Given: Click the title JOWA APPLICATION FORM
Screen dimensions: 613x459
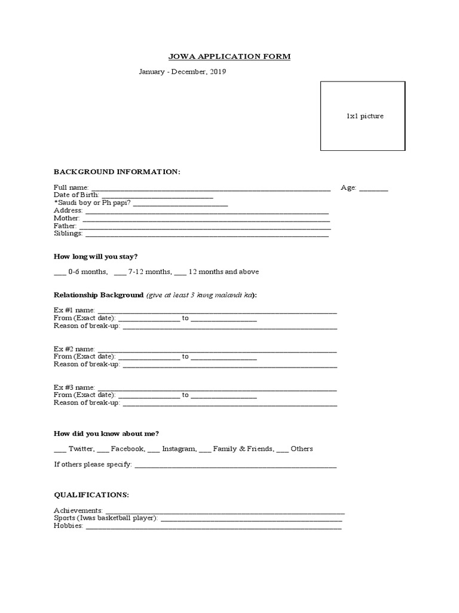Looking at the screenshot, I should (x=229, y=57).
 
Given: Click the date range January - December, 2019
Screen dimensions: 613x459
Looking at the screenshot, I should (x=182, y=72).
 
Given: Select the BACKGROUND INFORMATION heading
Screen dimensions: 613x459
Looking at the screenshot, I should (x=117, y=172).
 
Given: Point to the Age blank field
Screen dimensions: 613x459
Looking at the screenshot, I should (x=374, y=189).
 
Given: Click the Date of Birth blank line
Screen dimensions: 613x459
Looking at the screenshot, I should (x=157, y=197).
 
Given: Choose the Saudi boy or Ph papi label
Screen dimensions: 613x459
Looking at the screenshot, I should (x=92, y=203).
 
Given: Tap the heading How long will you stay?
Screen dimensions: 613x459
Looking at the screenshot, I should (x=96, y=257).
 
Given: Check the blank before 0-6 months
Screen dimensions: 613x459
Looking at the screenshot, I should (x=60, y=273).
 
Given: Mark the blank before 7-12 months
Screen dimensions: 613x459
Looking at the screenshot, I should (x=120, y=273).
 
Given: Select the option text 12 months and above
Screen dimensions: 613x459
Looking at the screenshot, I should (x=224, y=272).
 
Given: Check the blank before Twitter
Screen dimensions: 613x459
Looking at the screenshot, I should (x=60, y=450).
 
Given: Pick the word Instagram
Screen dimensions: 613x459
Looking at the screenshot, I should (x=179, y=448).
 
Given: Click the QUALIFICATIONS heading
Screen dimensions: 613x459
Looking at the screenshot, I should (x=91, y=495).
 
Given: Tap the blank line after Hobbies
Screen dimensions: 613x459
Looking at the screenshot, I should (x=213, y=528).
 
